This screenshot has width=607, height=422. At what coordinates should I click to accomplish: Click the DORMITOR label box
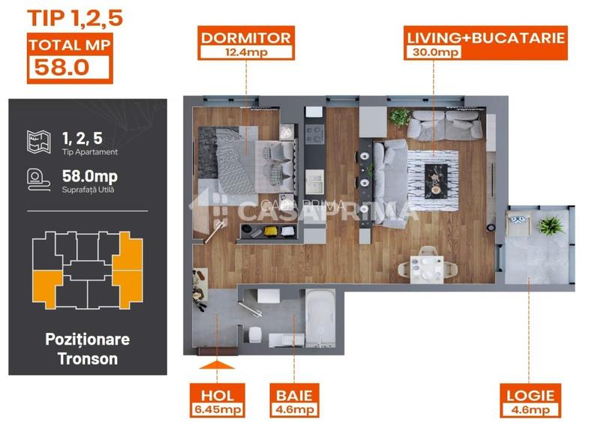click(x=245, y=43)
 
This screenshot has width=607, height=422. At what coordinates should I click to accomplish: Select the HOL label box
click(x=218, y=401)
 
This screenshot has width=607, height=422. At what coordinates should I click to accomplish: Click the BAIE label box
click(x=295, y=401)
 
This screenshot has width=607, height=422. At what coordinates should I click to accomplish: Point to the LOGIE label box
click(x=529, y=401)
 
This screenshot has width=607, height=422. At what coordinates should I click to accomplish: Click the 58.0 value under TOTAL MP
click(x=59, y=67)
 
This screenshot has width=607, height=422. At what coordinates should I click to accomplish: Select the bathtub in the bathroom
click(x=323, y=321)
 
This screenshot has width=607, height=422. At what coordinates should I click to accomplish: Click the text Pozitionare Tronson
click(x=87, y=349)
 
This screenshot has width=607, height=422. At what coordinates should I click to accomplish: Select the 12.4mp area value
click(x=245, y=52)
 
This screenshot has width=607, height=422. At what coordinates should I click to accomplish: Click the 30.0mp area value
click(x=432, y=52)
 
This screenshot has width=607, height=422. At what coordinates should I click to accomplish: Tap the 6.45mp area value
click(x=218, y=410)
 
